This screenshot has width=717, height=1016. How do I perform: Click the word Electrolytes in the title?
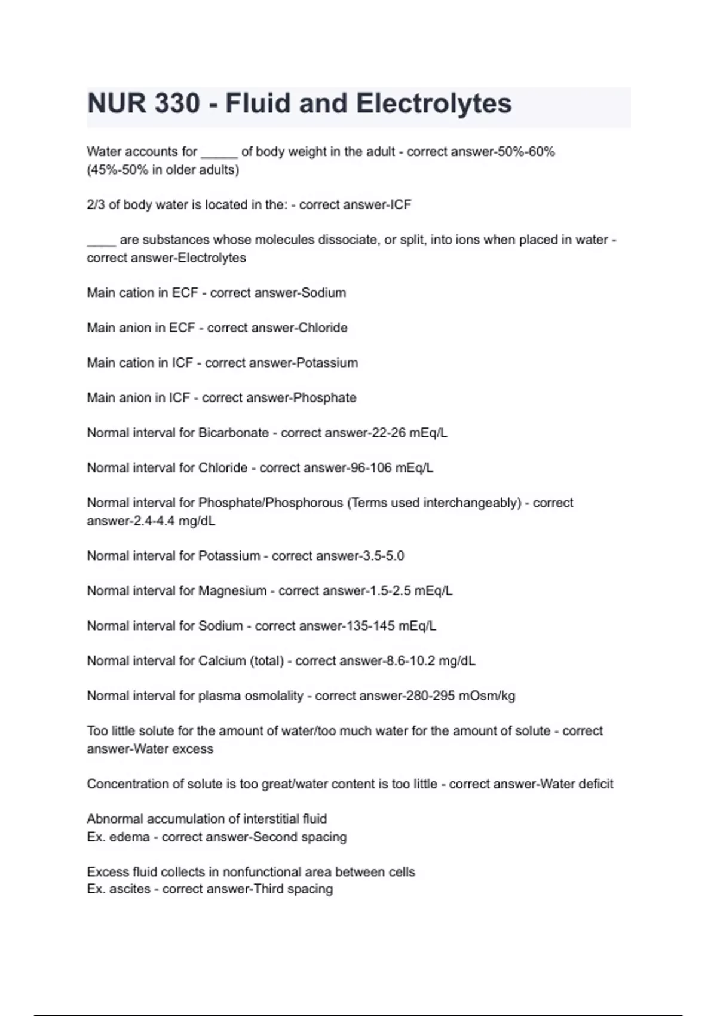[434, 103]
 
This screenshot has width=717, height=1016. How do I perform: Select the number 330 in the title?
[177, 103]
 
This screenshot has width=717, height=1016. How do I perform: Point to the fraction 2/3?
[96, 204]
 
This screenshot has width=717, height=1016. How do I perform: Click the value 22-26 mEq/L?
[409, 433]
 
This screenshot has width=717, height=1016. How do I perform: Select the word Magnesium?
[232, 591]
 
